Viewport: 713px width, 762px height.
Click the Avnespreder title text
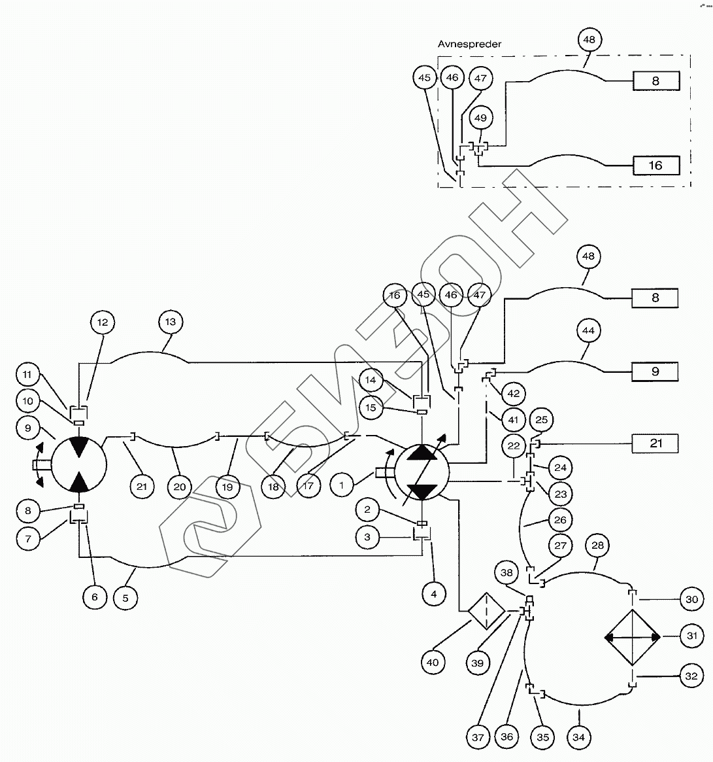(469, 44)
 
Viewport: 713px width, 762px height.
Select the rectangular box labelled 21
(655, 443)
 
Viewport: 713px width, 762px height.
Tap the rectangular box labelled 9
(655, 372)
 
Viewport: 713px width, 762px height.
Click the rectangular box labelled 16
(655, 165)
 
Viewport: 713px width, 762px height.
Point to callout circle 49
(481, 118)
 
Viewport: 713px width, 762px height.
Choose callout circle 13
(171, 322)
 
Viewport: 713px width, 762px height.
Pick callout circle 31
(692, 636)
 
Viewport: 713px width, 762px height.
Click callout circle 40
(433, 663)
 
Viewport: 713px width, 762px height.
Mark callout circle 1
(342, 485)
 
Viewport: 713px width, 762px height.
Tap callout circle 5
(126, 597)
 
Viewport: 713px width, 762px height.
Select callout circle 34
(578, 737)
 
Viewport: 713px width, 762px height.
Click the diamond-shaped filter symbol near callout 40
(486, 612)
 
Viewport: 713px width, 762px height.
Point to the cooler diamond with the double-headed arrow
(633, 637)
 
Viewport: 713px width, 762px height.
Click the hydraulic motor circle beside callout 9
(79, 465)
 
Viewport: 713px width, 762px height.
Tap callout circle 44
(588, 331)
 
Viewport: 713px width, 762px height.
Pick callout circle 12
(103, 322)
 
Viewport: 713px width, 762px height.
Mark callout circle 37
(478, 737)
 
